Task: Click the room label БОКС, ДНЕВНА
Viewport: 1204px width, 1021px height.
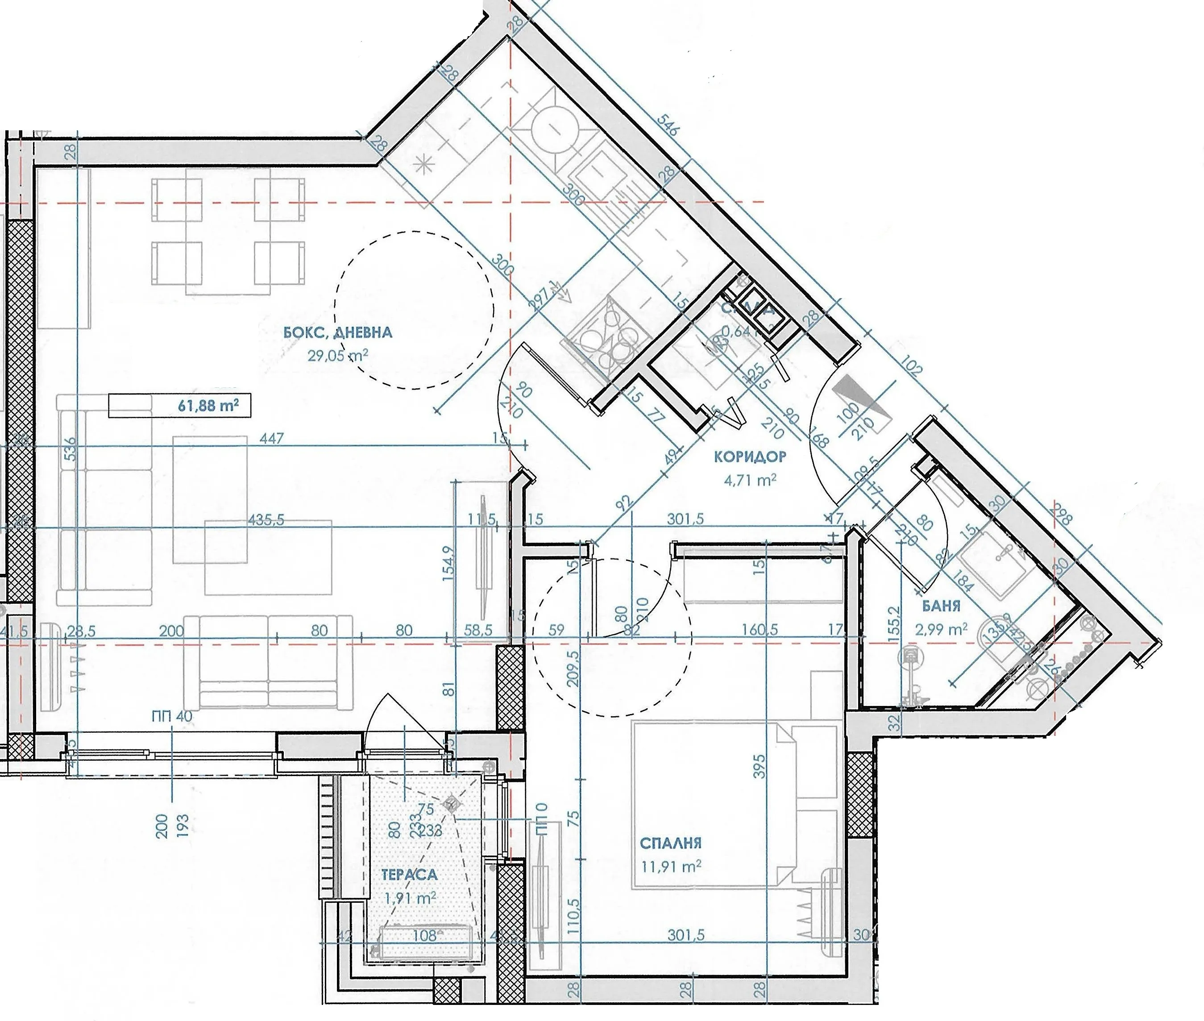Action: (338, 333)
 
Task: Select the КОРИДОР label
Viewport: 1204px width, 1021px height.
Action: (750, 457)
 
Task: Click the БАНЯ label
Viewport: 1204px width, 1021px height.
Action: (941, 606)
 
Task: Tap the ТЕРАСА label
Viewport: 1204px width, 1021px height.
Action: (409, 875)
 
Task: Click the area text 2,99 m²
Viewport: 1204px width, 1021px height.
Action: (941, 629)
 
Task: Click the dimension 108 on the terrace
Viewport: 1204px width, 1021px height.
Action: (425, 935)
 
